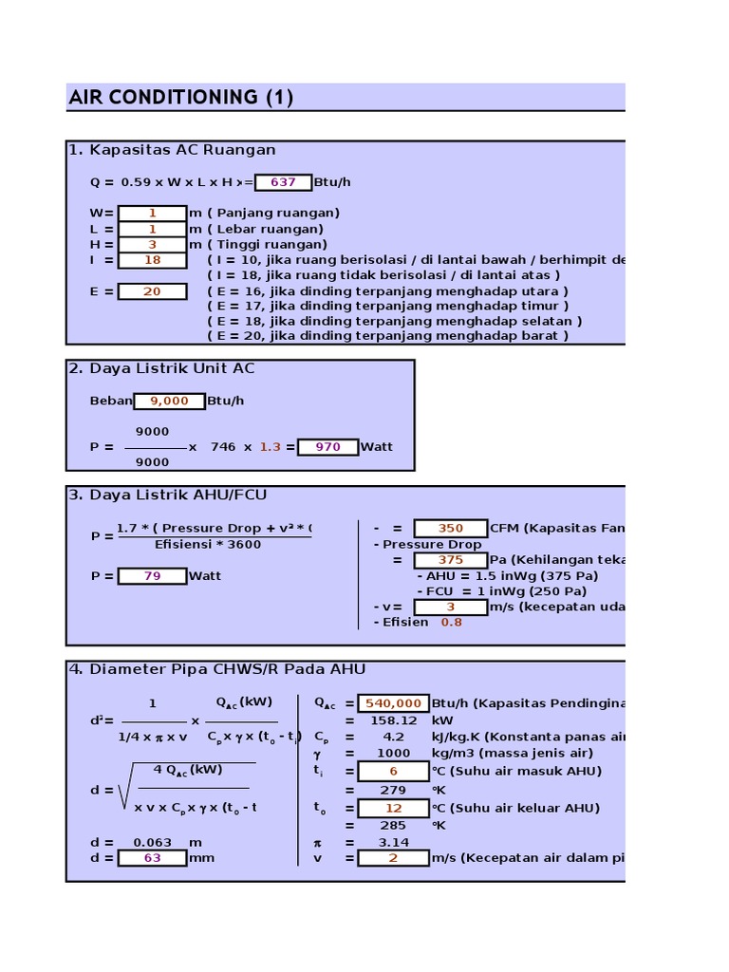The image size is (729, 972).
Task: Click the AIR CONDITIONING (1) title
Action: point(180,97)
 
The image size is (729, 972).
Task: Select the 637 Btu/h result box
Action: point(283,181)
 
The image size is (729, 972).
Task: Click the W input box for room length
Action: point(152,214)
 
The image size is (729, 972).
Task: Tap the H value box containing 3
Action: point(152,245)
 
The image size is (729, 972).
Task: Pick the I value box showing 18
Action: point(152,260)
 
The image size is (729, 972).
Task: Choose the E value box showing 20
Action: point(152,291)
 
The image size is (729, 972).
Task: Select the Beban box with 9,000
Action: point(169,401)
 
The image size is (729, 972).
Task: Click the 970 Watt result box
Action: point(327,447)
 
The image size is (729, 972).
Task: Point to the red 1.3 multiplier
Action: point(271,447)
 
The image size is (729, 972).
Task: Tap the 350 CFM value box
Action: point(450,528)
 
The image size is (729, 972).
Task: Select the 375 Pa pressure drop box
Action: point(450,560)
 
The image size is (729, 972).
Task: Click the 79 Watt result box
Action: point(152,576)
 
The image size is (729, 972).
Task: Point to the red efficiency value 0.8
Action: point(452,623)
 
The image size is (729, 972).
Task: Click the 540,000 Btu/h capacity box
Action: point(393,703)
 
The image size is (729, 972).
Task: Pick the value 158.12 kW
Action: point(393,720)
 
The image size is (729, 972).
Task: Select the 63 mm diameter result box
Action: point(152,858)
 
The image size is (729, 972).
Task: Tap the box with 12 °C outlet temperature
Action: point(393,809)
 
